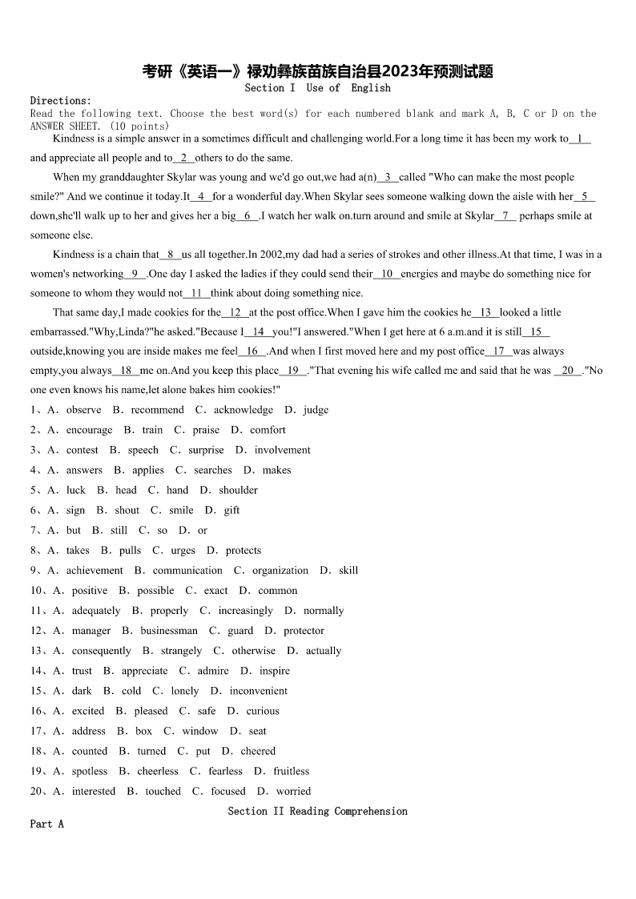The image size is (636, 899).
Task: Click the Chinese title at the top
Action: click(317, 71)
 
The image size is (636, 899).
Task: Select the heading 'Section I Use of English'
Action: click(317, 88)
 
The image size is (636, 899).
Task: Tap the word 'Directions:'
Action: click(61, 101)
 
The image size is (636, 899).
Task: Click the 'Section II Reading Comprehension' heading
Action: click(317, 811)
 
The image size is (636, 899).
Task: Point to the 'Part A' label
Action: click(46, 824)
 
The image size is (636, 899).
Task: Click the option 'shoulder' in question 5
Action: click(238, 490)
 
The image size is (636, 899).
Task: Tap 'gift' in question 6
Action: click(231, 510)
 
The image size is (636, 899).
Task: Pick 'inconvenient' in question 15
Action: click(258, 691)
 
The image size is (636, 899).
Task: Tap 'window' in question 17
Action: click(199, 731)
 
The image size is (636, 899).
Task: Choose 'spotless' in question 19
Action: click(89, 771)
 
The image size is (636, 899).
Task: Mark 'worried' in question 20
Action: click(293, 791)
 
